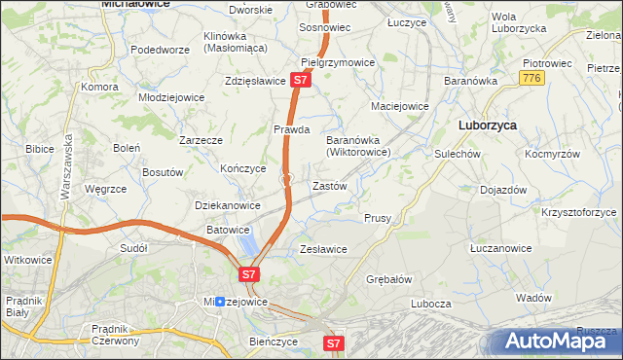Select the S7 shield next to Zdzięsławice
coord(301,82)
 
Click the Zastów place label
coord(328,185)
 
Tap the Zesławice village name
coord(323,249)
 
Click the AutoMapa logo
coord(559,341)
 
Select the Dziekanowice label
coord(228,205)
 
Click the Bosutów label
coord(163,172)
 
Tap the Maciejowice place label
coord(400,105)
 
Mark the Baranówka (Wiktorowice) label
coord(358,146)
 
